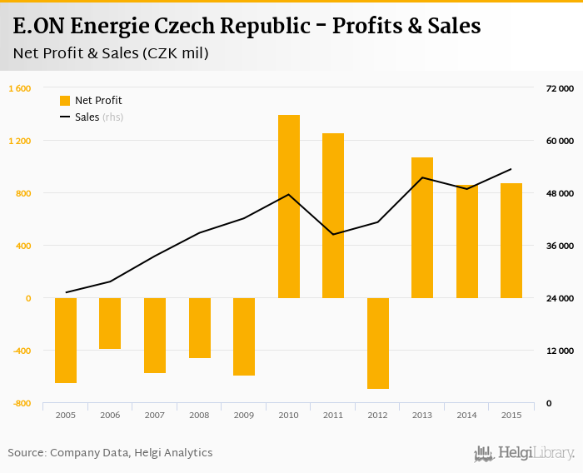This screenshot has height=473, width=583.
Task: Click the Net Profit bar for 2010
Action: point(288,207)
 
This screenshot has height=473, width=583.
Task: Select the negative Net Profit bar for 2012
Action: point(377,343)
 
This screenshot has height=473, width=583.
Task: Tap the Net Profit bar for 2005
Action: point(66,340)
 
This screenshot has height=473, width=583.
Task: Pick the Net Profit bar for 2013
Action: point(422,227)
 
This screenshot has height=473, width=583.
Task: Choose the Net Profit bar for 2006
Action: point(110,323)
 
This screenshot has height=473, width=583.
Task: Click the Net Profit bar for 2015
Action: point(511,241)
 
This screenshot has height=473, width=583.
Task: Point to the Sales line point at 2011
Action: point(333,234)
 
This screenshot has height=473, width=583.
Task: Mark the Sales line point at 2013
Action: point(422,177)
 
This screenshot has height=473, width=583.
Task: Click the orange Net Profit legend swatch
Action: point(65,101)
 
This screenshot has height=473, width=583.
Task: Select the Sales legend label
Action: point(87,117)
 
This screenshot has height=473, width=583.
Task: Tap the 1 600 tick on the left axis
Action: point(20,88)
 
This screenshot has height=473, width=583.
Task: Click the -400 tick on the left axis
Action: point(20,351)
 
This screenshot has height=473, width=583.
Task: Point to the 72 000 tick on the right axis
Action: point(560,88)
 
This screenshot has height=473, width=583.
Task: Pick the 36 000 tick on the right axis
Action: point(560,246)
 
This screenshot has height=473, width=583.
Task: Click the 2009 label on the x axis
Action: point(243,415)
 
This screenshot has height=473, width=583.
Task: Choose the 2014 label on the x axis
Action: point(466,415)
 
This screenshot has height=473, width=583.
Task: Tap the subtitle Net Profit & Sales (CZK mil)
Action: point(111,54)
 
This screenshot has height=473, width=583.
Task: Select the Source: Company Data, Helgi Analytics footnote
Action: point(110,453)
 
